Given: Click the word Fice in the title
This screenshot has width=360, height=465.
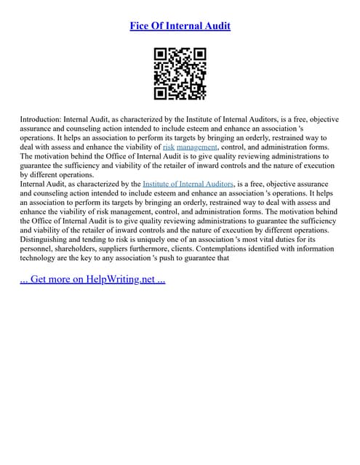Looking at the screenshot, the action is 140,26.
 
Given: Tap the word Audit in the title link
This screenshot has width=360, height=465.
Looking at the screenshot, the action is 215,26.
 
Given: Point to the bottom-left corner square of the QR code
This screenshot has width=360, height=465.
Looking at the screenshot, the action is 161,92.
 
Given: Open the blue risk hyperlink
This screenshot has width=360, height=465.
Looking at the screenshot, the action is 148,147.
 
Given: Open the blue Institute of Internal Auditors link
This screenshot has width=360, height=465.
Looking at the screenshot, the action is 189,185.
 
